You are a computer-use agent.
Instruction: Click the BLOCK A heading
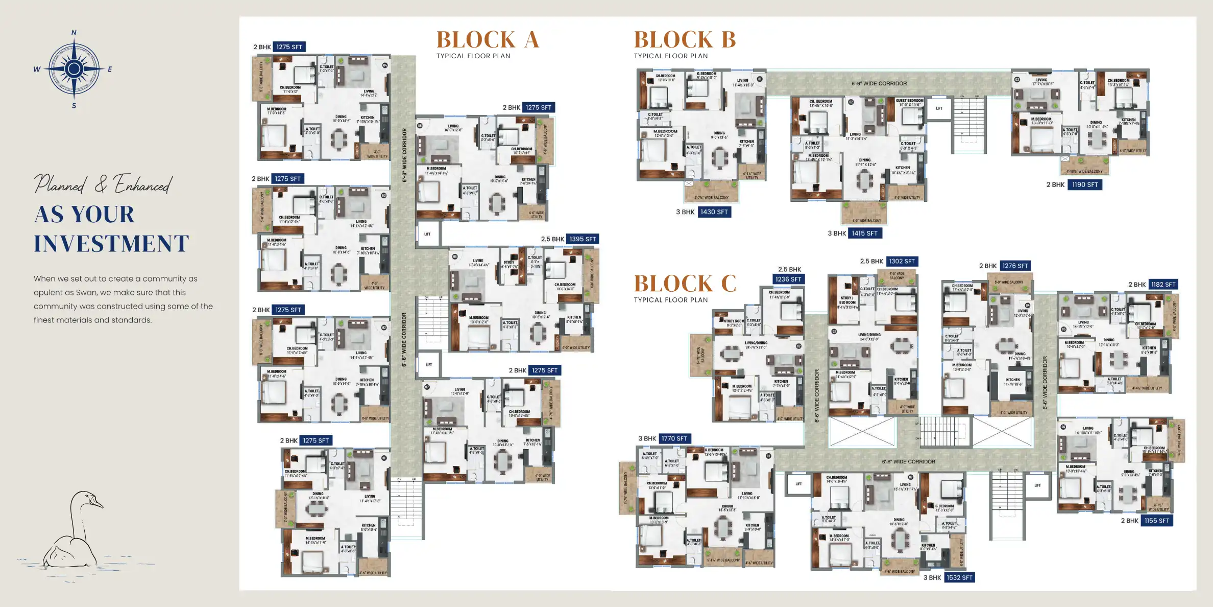488,40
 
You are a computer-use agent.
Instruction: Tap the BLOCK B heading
685,40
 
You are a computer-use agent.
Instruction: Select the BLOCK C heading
685,284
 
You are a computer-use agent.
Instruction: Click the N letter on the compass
74,33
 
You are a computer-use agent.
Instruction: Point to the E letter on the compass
110,69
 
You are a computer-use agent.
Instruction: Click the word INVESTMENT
111,244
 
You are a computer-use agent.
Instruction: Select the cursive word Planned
60,184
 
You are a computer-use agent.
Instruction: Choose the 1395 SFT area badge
583,239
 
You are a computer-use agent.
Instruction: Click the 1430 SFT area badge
714,212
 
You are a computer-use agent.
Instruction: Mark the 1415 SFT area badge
864,234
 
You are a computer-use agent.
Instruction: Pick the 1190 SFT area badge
1085,185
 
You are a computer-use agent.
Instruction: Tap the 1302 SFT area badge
902,262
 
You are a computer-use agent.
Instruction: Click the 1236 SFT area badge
788,279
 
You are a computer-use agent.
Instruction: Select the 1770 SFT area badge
674,439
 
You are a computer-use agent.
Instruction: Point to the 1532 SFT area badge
959,578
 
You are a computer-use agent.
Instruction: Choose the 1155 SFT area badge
1156,521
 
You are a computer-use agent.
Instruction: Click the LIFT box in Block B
939,109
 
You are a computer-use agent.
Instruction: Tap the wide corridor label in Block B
879,84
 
